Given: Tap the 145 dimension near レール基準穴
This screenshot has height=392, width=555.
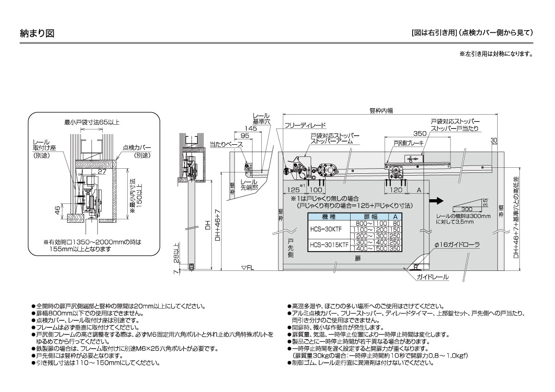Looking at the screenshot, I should tap(251, 128).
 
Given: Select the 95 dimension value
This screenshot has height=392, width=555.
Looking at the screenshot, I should tap(245, 135).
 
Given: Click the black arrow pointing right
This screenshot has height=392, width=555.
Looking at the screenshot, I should tap(436, 201).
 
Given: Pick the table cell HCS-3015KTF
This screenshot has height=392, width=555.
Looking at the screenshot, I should tap(329, 245).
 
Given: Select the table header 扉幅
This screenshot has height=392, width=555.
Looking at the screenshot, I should tap(370, 217).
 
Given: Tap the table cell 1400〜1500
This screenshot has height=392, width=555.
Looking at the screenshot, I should tap(370, 248).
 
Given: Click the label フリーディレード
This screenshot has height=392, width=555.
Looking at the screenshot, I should tap(305, 125).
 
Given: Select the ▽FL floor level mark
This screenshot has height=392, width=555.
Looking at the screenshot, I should tap(248, 268).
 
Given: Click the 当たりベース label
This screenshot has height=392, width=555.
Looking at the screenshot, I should tap(226, 144).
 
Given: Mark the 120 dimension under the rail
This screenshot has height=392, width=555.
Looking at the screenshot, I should tap(395, 190).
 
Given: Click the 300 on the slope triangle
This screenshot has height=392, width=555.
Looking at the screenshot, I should tap(467, 209).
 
